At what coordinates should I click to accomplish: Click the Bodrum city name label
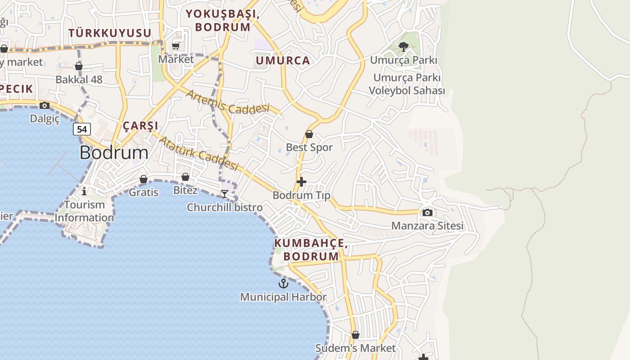[x=114, y=153]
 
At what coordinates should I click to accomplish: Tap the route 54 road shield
[x=82, y=129]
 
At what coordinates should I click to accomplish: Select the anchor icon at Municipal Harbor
[x=283, y=283]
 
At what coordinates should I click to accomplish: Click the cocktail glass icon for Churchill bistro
[x=225, y=194]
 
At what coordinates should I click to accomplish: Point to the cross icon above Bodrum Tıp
[x=301, y=182]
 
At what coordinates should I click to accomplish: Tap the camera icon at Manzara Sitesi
[x=427, y=212]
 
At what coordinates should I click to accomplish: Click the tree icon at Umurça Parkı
[x=404, y=47]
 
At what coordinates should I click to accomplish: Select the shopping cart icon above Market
[x=176, y=46]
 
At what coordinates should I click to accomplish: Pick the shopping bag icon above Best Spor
[x=309, y=134]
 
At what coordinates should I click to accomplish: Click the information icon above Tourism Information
[x=84, y=192]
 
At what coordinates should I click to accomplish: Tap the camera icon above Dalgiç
[x=45, y=105]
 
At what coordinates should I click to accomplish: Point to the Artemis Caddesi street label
[x=227, y=102]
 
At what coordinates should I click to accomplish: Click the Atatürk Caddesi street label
[x=198, y=153]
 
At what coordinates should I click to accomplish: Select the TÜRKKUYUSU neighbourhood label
[x=110, y=33]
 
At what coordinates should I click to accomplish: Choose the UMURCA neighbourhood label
[x=283, y=61]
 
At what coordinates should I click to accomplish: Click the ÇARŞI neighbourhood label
[x=140, y=126]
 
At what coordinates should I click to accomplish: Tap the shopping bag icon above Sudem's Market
[x=355, y=335]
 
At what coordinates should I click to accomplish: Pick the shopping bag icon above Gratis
[x=144, y=179]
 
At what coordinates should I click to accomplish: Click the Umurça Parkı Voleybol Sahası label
[x=407, y=84]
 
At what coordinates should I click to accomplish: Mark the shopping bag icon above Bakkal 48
[x=79, y=67]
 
